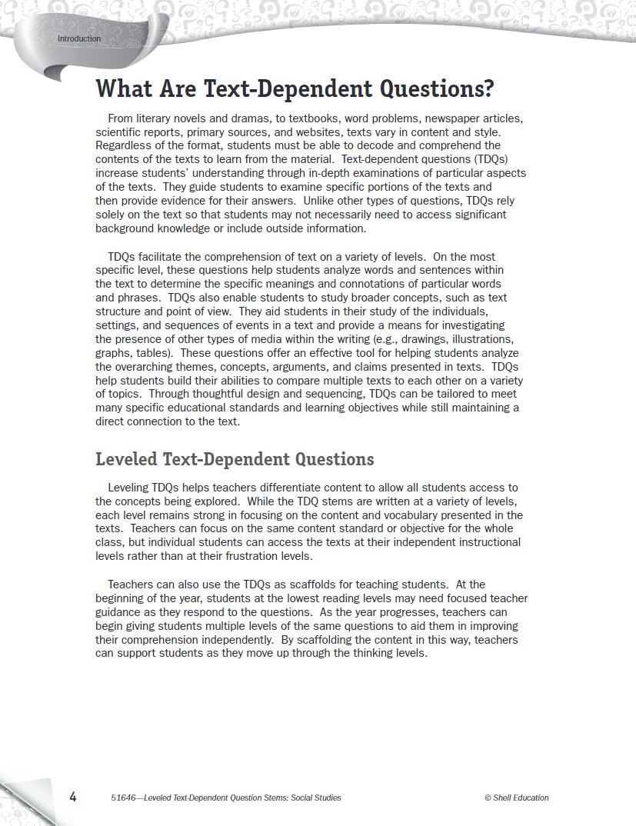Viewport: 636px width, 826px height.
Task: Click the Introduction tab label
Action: tap(78, 38)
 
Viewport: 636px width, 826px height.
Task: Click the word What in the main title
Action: tap(125, 88)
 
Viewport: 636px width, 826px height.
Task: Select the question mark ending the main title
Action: tap(488, 88)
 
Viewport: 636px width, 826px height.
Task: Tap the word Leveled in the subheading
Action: tap(126, 459)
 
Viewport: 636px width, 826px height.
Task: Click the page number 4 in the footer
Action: tap(73, 797)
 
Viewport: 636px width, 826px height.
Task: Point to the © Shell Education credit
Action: tap(516, 798)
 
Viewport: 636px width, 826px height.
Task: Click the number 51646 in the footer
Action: tap(124, 798)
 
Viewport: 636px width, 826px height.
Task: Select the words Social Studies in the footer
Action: tap(315, 798)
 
